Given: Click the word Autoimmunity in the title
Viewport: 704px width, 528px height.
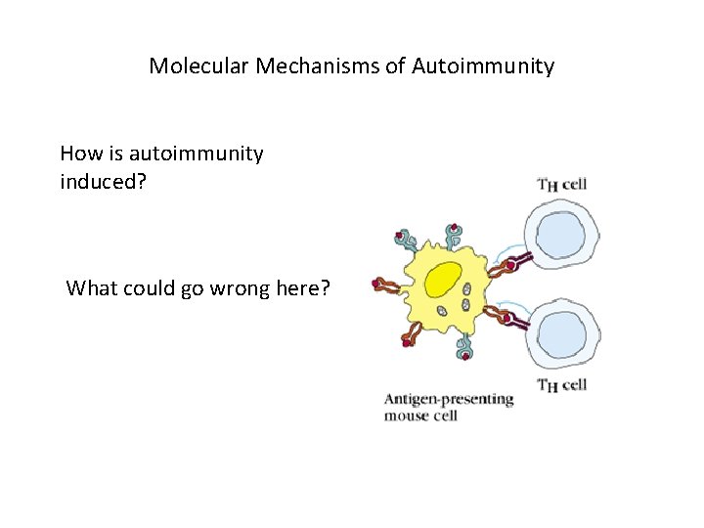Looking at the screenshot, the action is [483, 66].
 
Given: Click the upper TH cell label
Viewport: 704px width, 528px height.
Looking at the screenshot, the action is [562, 184].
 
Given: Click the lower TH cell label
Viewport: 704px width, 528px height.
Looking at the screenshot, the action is [562, 384].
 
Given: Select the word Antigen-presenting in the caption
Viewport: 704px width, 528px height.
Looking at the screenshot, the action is [449, 399].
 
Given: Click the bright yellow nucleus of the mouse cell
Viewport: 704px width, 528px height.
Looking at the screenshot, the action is [444, 279].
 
